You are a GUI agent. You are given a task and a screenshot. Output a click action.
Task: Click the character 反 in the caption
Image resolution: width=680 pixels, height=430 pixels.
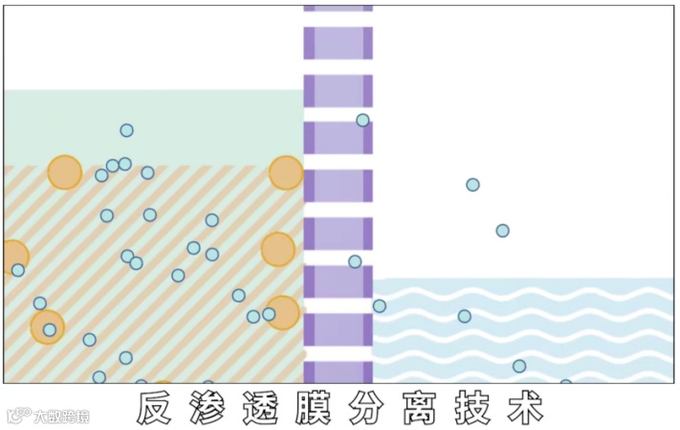click(154, 408)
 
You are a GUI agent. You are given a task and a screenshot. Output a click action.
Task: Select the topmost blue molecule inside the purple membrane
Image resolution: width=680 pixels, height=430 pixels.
click(362, 120)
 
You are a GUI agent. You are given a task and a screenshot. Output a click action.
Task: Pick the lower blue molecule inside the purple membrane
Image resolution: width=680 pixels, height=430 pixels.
click(355, 261)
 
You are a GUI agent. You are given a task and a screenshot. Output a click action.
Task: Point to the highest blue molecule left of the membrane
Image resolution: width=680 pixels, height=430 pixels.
click(126, 130)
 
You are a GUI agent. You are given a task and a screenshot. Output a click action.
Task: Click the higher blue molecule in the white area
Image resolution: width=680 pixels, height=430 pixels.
click(472, 185)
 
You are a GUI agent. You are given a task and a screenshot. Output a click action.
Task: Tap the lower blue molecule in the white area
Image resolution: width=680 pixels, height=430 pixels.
click(502, 231)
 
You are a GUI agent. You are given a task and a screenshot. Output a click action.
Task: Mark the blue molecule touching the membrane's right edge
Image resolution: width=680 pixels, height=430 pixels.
click(380, 306)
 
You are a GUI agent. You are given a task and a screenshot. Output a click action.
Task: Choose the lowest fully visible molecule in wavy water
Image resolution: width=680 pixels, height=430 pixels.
click(519, 366)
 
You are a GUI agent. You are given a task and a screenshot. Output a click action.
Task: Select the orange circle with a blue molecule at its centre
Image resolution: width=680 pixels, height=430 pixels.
click(48, 328)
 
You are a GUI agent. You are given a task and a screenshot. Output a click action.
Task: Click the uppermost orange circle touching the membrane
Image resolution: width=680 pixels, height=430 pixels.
click(285, 173)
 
